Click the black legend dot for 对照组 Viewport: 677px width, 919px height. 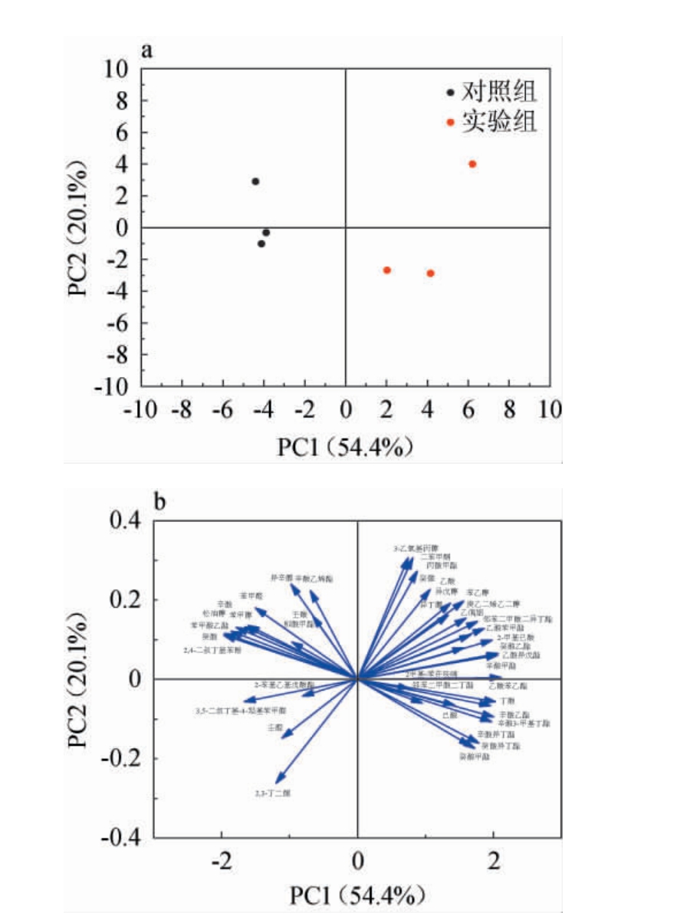pyautogui.click(x=451, y=93)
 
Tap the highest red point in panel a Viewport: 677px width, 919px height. pyautogui.click(x=472, y=164)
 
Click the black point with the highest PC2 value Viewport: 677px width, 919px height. pyautogui.click(x=255, y=182)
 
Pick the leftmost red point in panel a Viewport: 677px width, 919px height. pyautogui.click(x=387, y=270)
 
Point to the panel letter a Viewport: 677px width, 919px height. pyautogui.click(x=147, y=51)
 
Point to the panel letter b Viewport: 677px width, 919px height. pyautogui.click(x=160, y=502)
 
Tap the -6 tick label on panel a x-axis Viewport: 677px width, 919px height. pyautogui.click(x=222, y=409)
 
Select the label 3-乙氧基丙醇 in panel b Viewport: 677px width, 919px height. pyautogui.click(x=406, y=548)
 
